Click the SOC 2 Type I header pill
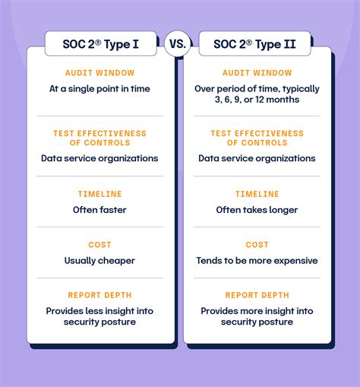[x=100, y=43]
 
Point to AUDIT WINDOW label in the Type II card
[x=257, y=73]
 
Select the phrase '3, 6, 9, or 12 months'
[x=257, y=100]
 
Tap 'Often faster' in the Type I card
[x=99, y=210]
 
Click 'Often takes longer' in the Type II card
[x=257, y=210]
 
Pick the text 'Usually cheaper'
[x=99, y=261]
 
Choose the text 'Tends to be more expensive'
[x=257, y=261]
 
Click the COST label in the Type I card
[x=99, y=245]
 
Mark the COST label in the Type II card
[x=257, y=245]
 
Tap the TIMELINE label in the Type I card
[x=99, y=194]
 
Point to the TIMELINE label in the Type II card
[x=257, y=194]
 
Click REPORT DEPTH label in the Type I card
[x=99, y=295]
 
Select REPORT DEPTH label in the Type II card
[x=257, y=295]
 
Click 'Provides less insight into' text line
[x=99, y=311]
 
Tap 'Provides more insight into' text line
[x=257, y=311]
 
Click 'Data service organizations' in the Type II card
[x=257, y=159]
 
